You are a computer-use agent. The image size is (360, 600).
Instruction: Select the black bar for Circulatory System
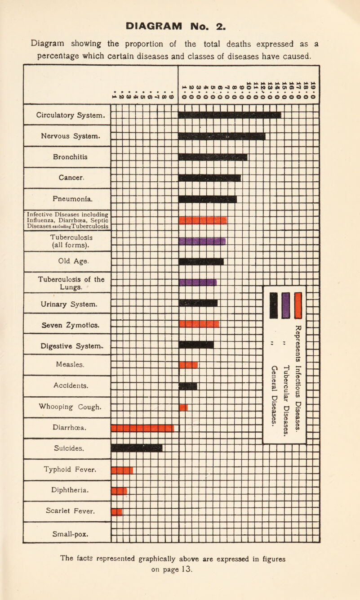point(230,115)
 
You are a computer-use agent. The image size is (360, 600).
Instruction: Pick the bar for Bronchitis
point(213,157)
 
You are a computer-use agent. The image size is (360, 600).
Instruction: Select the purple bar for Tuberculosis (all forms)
point(202,242)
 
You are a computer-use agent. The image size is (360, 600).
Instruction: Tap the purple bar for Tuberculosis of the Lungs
point(198,282)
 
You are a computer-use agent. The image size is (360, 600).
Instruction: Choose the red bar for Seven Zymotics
point(199,324)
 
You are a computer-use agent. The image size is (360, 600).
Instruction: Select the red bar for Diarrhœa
point(142,428)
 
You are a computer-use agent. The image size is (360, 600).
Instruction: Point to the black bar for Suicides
point(137,448)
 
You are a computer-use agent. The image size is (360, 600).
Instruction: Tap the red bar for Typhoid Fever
point(122,470)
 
